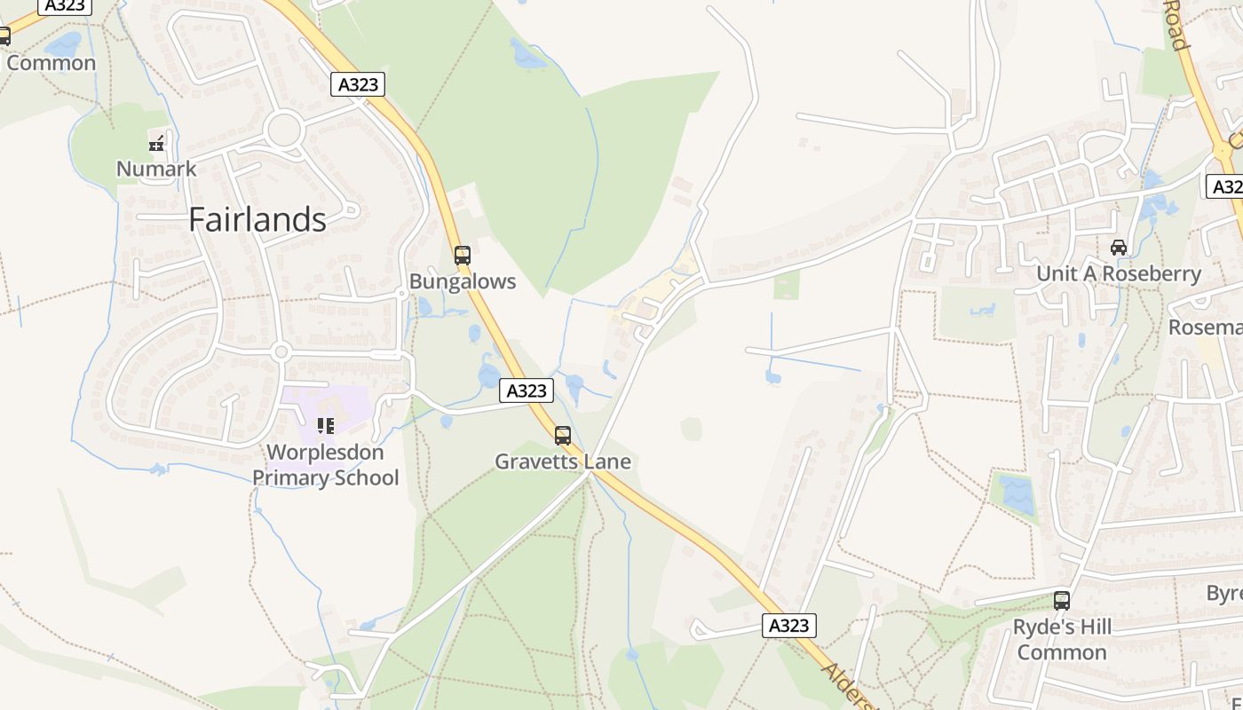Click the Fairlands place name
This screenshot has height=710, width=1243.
(257, 219)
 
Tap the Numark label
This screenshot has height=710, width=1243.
(156, 168)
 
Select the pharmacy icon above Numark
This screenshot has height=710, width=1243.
(157, 142)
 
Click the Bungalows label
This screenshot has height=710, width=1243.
(462, 281)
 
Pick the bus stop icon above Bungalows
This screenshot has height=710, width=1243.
(462, 256)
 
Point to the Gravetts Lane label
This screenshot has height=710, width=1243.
(563, 461)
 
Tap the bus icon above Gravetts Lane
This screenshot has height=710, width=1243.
(563, 436)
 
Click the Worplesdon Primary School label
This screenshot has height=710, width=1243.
(325, 465)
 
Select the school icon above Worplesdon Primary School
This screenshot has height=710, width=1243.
(326, 426)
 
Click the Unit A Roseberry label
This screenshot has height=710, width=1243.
(1119, 273)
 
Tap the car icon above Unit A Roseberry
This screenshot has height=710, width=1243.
(1119, 248)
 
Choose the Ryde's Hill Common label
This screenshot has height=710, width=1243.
(1062, 639)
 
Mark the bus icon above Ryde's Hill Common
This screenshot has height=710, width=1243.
(1062, 601)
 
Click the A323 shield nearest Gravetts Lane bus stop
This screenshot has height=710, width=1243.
(526, 390)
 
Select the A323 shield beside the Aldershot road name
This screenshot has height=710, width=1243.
(788, 626)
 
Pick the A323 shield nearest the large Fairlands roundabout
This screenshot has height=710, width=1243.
(359, 85)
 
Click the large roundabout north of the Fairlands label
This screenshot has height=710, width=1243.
(284, 130)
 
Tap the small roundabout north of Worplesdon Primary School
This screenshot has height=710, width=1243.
(281, 352)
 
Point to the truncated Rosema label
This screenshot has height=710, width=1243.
(1205, 327)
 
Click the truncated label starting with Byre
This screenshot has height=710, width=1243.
(1223, 593)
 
